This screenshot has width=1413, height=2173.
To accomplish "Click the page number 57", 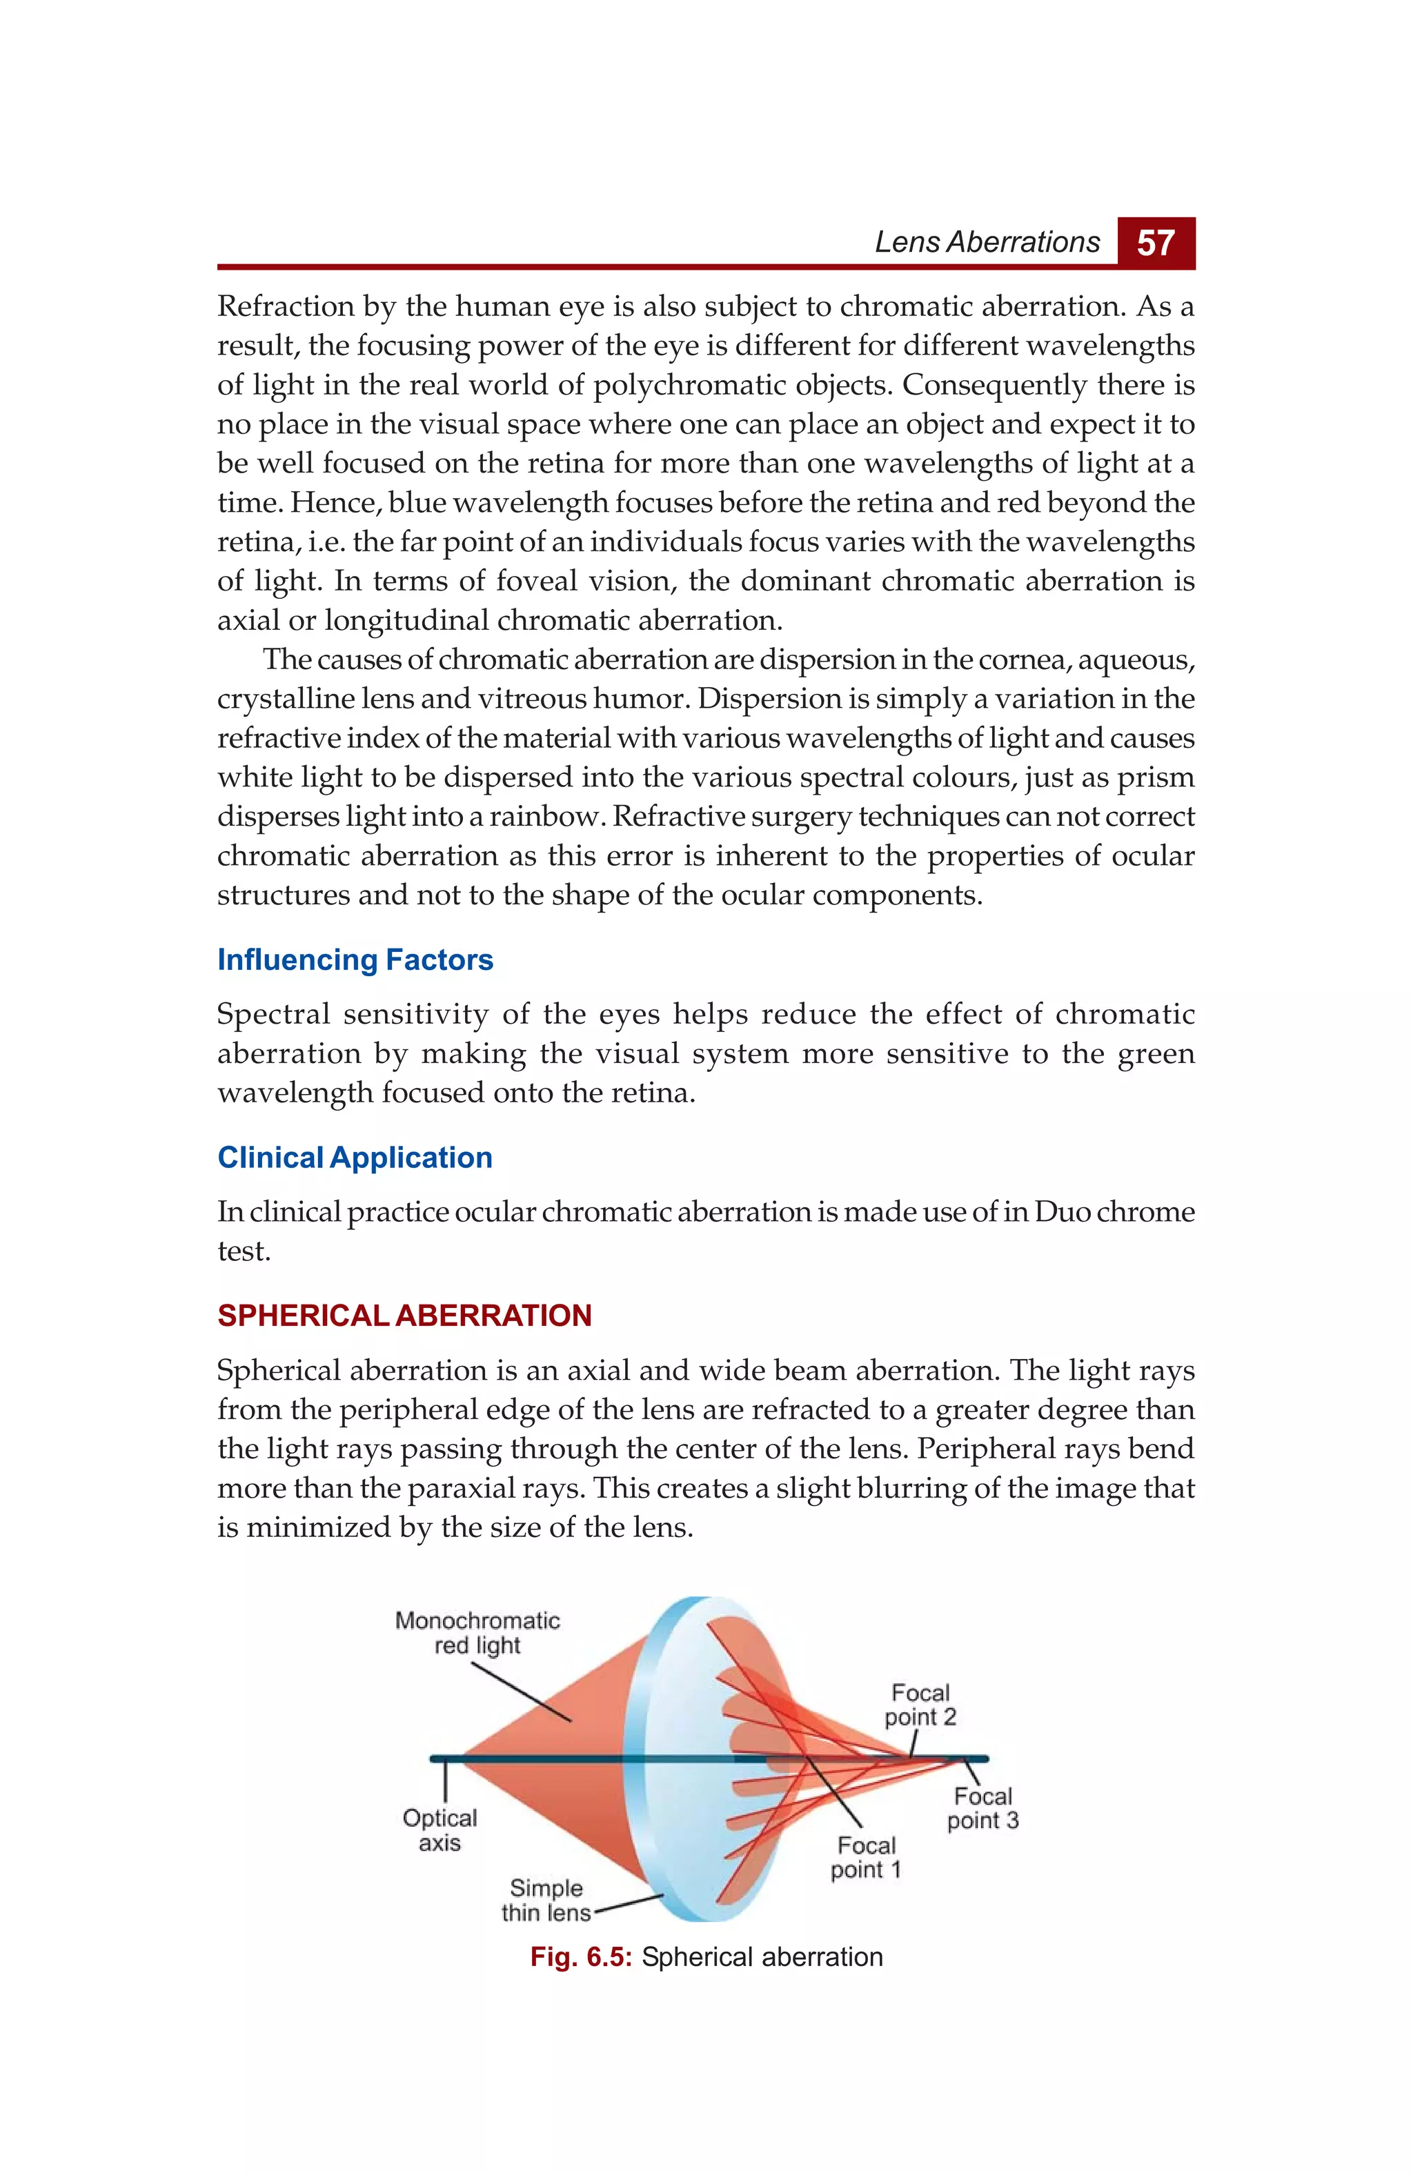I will click(1156, 243).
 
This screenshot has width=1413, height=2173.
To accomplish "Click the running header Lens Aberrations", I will click(987, 242).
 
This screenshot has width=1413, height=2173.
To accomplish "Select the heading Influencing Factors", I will click(355, 960).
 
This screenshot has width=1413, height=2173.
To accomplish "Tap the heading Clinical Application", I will click(355, 1158).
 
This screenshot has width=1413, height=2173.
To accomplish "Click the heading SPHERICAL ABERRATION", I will click(404, 1316).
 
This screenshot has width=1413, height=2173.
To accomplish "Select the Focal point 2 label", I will click(920, 1705).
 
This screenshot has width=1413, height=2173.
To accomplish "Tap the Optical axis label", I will click(439, 1829).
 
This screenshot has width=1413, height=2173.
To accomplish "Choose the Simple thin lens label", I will click(545, 1900).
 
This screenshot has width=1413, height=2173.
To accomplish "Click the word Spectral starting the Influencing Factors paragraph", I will click(273, 1014).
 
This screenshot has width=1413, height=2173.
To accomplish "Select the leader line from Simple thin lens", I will click(629, 1903).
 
